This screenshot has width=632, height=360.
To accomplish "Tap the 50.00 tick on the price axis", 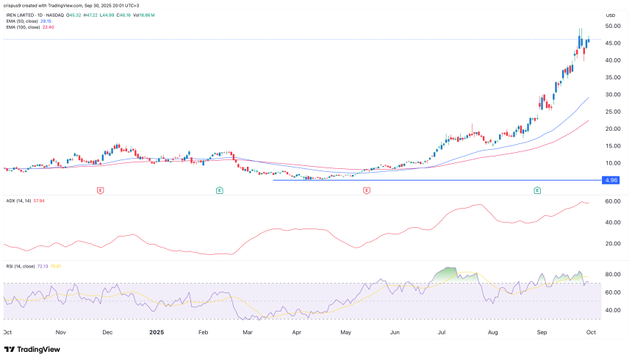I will [x=611, y=26].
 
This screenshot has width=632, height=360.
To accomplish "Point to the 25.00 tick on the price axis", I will [x=611, y=112].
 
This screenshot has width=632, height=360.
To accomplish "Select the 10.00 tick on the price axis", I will [x=611, y=163].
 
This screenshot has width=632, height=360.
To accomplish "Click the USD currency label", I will [x=610, y=15].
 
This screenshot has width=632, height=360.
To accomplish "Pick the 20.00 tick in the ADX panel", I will [x=611, y=243].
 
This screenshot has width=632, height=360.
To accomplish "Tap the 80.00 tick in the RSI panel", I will [x=611, y=275].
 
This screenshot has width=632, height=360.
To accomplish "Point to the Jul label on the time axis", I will [x=442, y=332].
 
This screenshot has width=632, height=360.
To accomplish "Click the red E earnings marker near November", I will [x=100, y=190].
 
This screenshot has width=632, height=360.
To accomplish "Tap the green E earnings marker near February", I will [x=220, y=190].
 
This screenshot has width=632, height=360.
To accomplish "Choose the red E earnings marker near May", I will [x=365, y=190].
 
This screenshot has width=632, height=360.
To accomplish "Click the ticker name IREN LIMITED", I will [x=25, y=13].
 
